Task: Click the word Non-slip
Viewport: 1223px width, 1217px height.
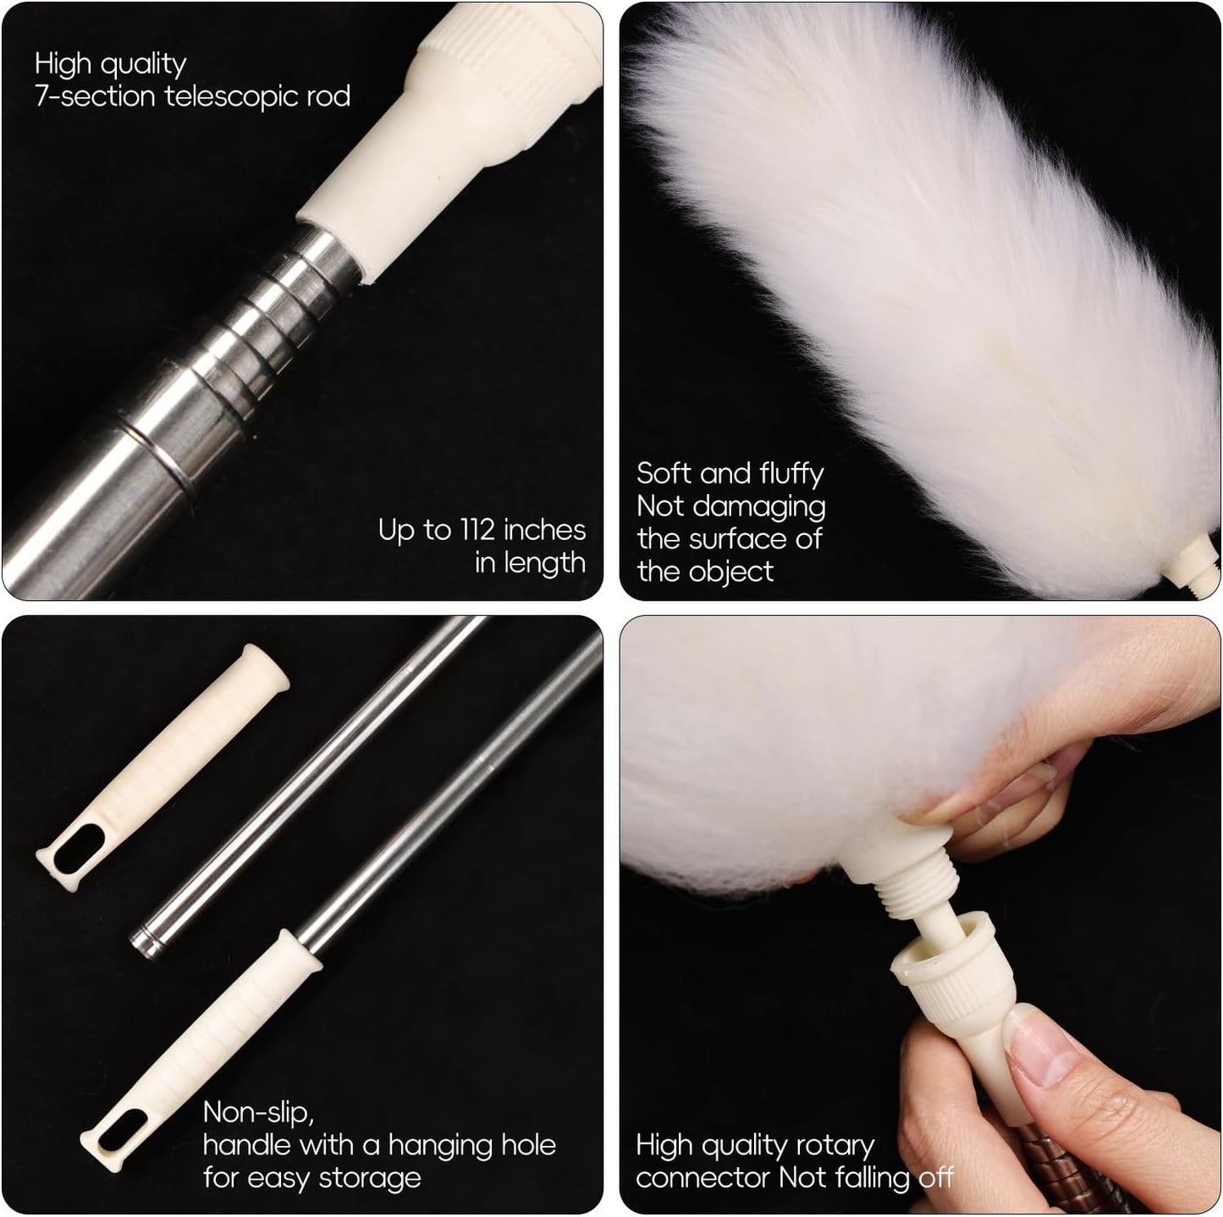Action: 258,1111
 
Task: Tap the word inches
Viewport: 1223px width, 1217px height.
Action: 543,530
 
